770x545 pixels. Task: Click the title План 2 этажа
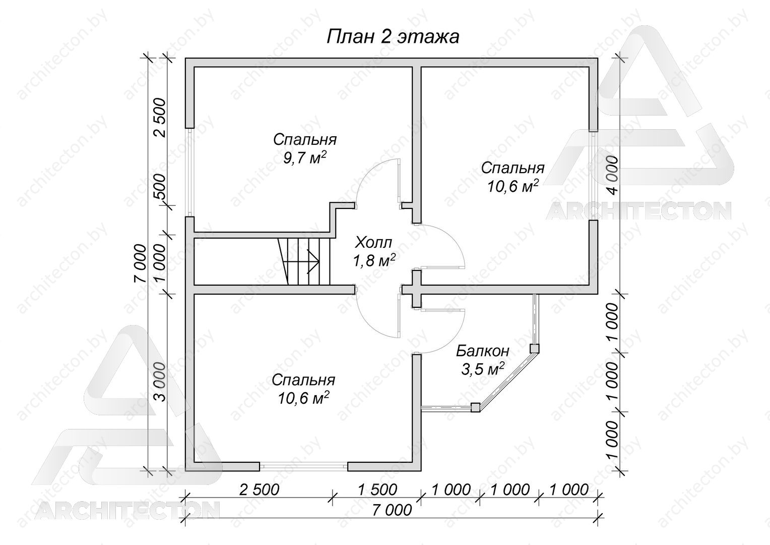393,37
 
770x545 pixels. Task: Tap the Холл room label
373,243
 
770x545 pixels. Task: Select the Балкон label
483,351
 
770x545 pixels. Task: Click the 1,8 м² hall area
373,261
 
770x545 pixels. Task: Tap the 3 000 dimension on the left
160,382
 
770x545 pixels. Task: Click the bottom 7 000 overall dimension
392,510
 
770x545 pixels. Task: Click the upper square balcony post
534,348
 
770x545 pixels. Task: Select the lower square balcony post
475,407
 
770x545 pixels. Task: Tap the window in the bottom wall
303,466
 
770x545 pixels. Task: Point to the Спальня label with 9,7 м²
304,140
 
